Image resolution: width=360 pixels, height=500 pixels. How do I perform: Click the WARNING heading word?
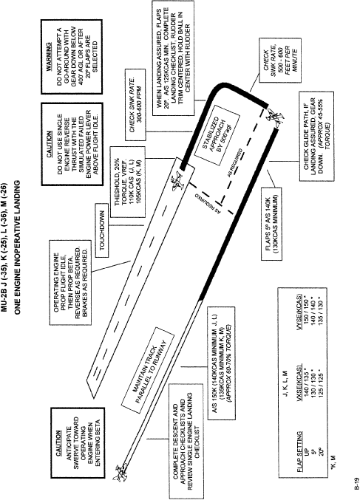pos(49,57)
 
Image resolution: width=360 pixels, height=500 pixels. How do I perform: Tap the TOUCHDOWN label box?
pos(103,230)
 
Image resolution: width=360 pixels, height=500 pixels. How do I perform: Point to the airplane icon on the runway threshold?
pos(177,182)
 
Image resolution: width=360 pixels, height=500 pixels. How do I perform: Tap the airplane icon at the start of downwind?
pos(120,473)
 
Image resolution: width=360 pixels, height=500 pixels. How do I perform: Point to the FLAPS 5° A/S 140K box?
pos(271,223)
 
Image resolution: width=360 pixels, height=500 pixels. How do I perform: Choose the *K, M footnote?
pos(333,462)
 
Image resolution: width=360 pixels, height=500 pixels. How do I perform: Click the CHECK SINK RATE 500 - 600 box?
pos(280,61)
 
